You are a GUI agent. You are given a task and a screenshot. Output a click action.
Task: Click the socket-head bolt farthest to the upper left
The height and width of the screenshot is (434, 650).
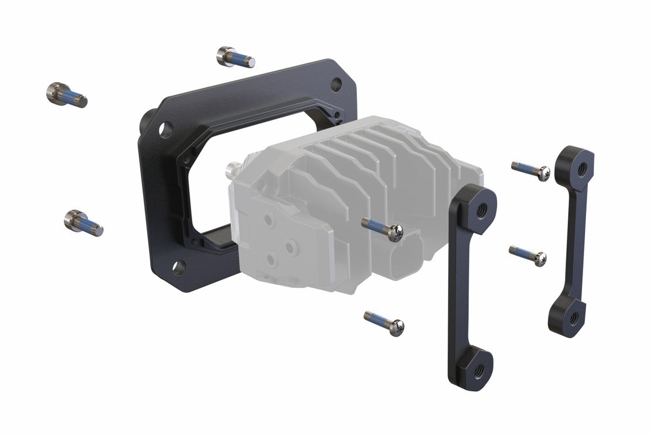(65, 95)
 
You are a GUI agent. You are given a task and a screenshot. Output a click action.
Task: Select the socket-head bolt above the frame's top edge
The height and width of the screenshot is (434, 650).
(234, 57)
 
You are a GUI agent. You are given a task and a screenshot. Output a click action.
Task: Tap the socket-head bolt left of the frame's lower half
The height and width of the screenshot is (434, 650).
(83, 222)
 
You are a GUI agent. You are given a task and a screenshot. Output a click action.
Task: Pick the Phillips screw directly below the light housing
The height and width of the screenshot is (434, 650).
(384, 323)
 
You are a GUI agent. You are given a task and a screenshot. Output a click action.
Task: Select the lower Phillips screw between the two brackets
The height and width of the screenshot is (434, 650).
(528, 255)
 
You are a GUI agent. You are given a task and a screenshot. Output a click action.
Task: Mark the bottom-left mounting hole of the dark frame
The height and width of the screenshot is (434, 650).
(179, 267)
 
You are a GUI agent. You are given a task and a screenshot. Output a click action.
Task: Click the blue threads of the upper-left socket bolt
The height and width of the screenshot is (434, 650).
(71, 97)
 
